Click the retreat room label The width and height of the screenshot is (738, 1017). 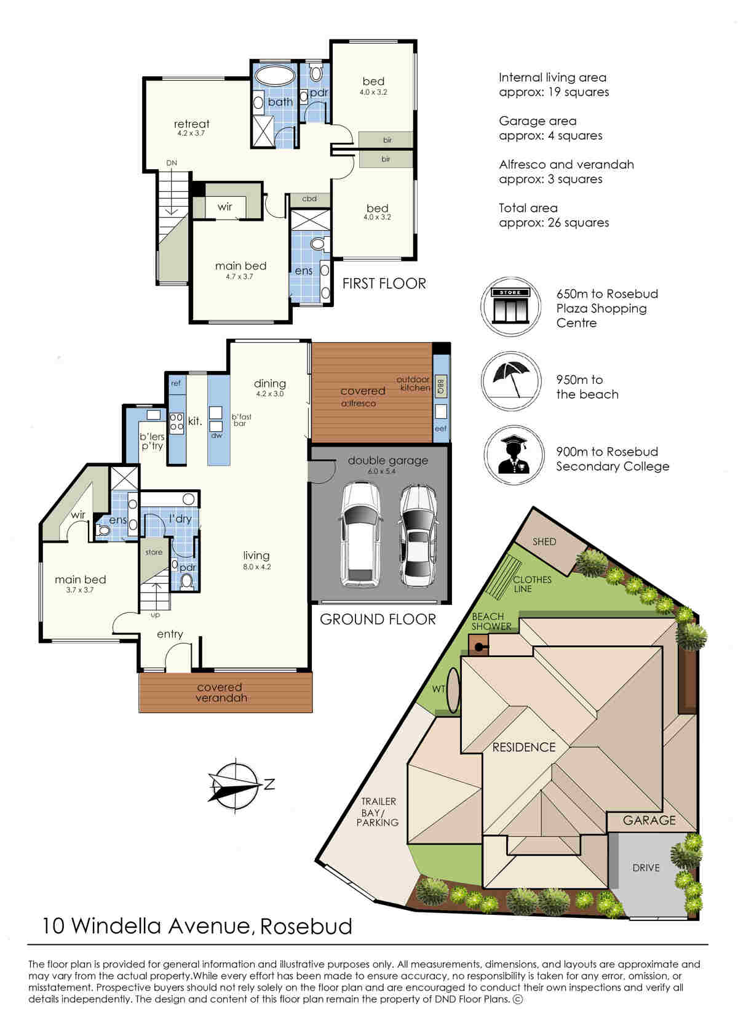191,124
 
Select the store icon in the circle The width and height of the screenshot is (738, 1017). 510,306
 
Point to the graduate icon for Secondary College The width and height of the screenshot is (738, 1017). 514,455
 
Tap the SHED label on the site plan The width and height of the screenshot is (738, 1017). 544,541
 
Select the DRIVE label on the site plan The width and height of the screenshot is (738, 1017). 646,868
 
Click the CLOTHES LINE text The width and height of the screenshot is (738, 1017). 531,584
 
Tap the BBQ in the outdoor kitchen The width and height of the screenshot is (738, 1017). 441,386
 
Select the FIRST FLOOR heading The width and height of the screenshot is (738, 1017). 384,284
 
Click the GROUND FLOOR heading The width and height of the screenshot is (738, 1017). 378,620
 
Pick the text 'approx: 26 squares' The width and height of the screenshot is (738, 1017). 553,223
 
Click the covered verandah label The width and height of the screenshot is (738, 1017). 221,692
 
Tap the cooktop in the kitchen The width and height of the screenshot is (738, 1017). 177,422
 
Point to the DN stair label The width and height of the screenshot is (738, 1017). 171,163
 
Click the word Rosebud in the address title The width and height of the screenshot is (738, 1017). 306,926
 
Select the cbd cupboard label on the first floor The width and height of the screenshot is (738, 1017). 309,198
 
